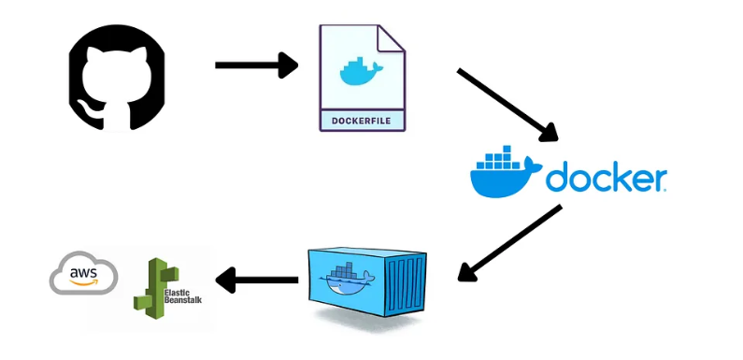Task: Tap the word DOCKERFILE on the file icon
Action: [362, 121]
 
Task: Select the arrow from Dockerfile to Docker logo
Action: [506, 104]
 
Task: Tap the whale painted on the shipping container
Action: [345, 278]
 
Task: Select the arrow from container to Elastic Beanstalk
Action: [256, 279]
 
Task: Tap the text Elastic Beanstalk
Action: [182, 295]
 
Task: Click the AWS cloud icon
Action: [84, 273]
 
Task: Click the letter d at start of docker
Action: [559, 177]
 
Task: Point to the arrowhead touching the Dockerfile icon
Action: [288, 65]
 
